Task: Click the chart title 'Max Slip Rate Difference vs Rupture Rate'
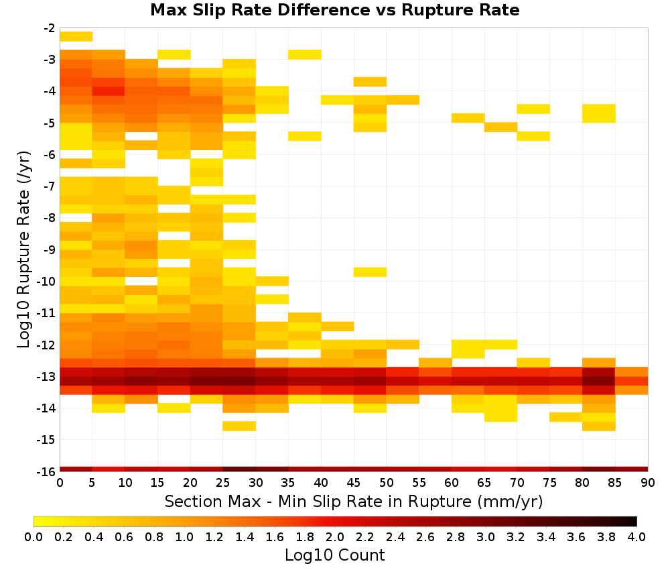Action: [x=334, y=9]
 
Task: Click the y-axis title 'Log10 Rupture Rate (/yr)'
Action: [x=23, y=249]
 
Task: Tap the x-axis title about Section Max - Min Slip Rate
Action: [x=354, y=501]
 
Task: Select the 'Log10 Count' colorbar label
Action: [x=334, y=555]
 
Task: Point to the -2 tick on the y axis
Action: [x=50, y=28]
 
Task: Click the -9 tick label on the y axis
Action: [x=50, y=249]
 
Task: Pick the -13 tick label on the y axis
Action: [x=47, y=376]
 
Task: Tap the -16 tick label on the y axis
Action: [x=47, y=471]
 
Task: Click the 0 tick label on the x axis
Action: [x=60, y=483]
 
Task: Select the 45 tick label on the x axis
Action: [x=353, y=483]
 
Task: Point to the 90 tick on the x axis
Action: [x=648, y=483]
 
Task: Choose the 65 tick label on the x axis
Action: [x=484, y=483]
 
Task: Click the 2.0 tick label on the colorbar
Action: [x=335, y=536]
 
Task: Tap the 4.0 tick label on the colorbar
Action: [x=636, y=536]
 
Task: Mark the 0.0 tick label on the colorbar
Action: [x=33, y=536]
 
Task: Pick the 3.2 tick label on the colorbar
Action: [x=516, y=536]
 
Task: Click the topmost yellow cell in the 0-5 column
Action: [x=76, y=37]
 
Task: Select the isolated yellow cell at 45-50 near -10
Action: [x=370, y=272]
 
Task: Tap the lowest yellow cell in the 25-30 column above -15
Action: [x=239, y=426]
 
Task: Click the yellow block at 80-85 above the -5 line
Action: [x=598, y=113]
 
